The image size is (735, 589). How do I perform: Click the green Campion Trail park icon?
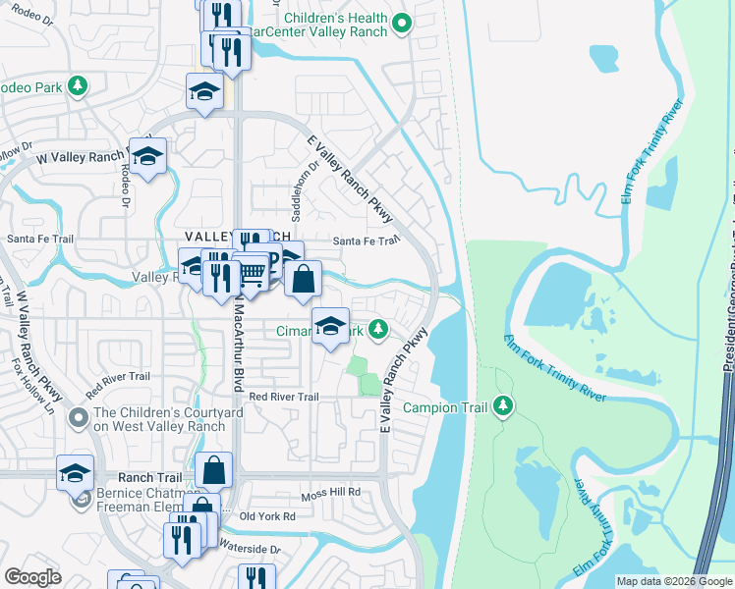(x=503, y=404)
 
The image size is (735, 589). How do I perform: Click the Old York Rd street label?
(x=267, y=516)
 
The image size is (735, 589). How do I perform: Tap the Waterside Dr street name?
(x=253, y=550)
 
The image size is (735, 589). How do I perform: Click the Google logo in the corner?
(x=32, y=577)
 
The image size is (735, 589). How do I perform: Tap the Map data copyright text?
(x=674, y=581)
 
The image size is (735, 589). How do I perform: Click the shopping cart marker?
(x=252, y=275)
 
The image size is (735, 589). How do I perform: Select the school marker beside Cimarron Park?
(x=331, y=326)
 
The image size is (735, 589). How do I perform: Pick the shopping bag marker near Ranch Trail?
(x=213, y=470)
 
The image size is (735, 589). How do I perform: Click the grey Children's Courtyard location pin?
(x=78, y=418)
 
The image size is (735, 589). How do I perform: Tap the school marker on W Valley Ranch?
(x=147, y=156)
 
